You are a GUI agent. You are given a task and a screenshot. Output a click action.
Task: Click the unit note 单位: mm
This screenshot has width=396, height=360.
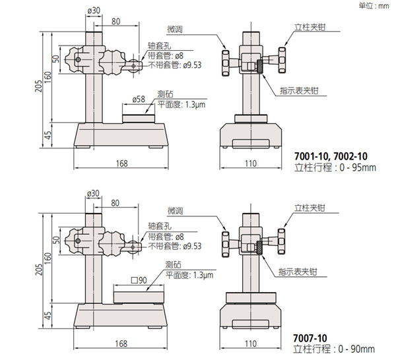(x=374, y=5)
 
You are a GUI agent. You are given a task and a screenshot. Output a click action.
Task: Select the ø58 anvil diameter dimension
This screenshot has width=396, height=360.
(x=139, y=99)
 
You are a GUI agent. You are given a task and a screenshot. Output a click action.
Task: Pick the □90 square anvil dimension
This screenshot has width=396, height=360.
(x=139, y=280)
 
